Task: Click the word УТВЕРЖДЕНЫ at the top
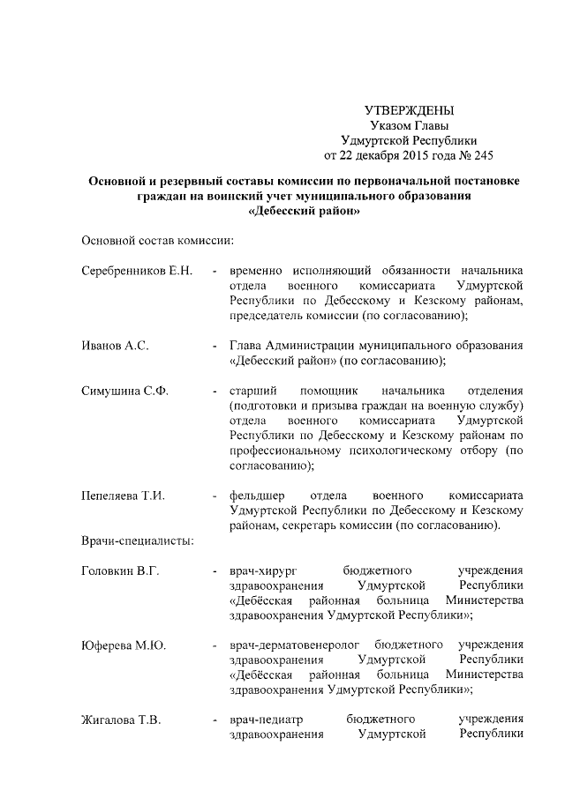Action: pyautogui.click(x=409, y=111)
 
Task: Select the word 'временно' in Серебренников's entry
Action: pyautogui.click(x=256, y=269)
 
